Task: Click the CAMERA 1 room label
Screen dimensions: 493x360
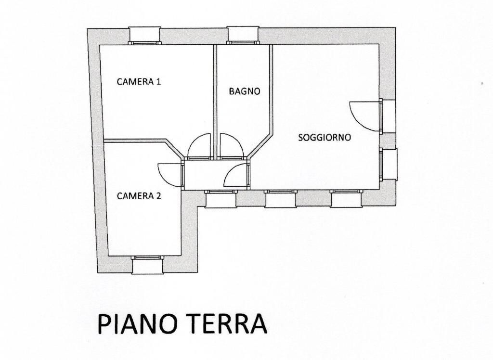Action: (x=139, y=82)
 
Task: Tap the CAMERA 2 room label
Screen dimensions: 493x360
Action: (x=139, y=196)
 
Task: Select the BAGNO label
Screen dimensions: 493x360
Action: (x=245, y=91)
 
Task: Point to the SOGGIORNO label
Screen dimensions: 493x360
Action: (x=324, y=137)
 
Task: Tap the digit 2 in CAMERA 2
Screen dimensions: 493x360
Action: (x=158, y=196)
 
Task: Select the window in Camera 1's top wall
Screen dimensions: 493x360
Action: (x=144, y=35)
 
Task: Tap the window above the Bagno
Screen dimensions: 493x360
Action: (x=243, y=35)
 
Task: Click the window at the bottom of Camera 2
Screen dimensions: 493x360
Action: (x=147, y=265)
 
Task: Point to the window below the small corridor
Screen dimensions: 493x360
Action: (x=220, y=199)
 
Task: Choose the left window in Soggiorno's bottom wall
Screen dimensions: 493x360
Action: (x=280, y=199)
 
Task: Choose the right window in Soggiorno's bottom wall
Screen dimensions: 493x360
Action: (x=346, y=199)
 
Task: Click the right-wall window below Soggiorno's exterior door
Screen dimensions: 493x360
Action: (x=389, y=164)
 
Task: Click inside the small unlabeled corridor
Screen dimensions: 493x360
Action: (x=204, y=175)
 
